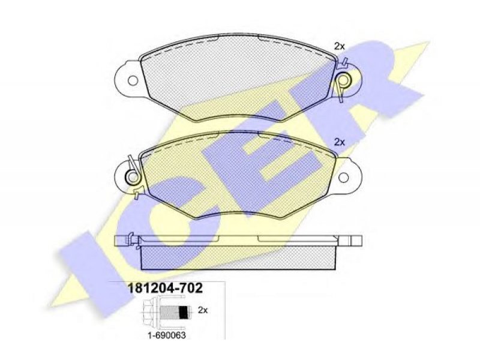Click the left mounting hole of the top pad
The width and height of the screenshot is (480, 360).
coord(133,81)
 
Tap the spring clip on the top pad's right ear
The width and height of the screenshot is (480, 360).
coord(343,79)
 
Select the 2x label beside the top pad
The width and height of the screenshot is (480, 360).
coord(340,47)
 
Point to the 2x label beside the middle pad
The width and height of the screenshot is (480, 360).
coord(340,142)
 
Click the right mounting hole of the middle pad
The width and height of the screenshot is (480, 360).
coord(343,177)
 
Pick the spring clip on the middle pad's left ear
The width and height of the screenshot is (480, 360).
coord(133,176)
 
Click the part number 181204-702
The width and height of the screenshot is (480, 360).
coord(164,289)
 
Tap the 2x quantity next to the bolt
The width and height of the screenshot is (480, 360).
coord(203,310)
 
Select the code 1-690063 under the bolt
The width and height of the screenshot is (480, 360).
coord(167,335)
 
